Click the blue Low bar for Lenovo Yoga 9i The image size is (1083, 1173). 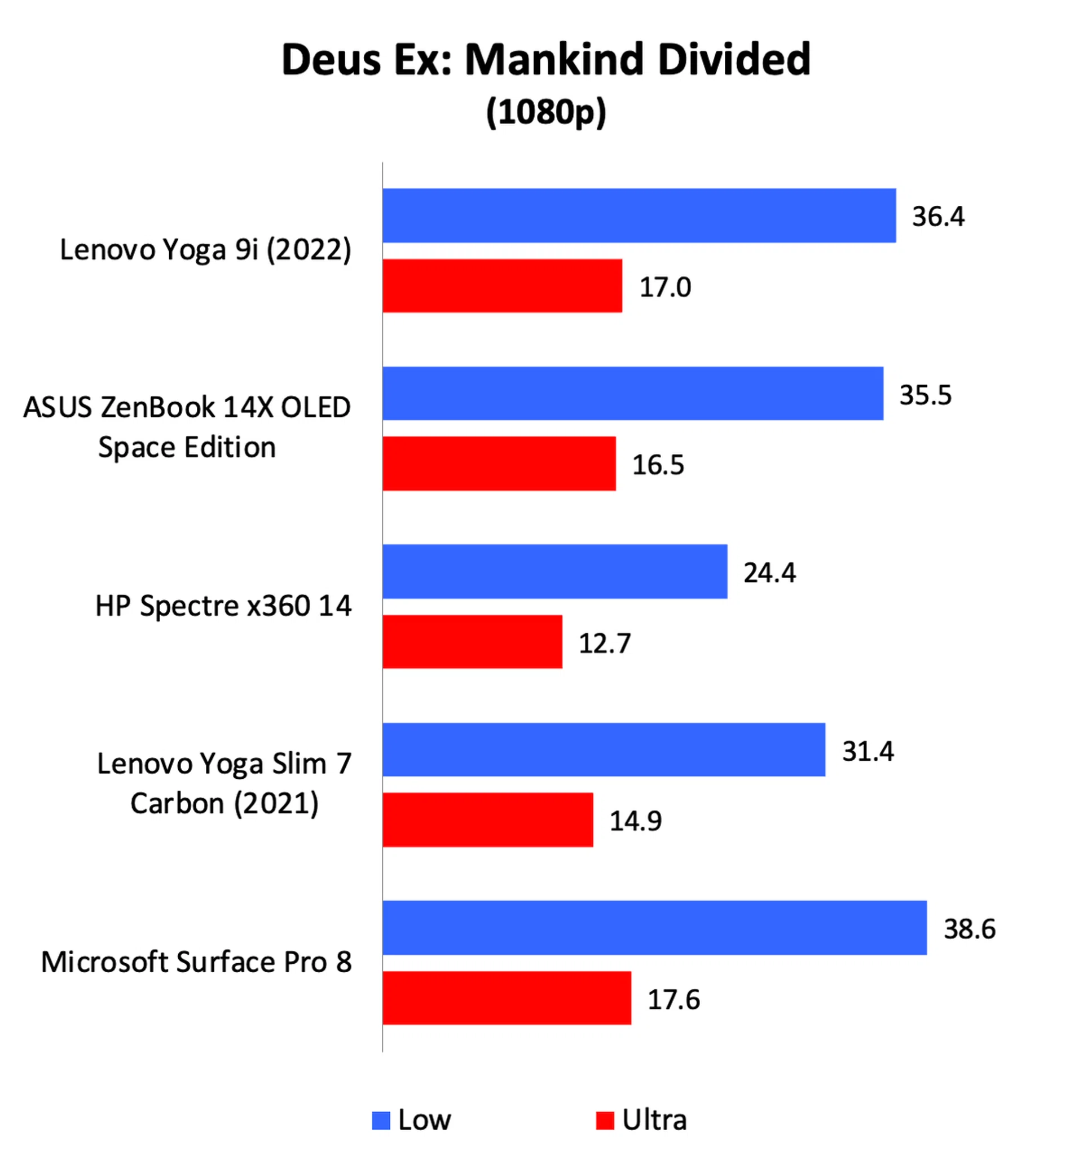pos(639,215)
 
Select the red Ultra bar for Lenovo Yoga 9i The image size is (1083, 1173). pos(502,286)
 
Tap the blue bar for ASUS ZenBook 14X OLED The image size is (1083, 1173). pos(632,393)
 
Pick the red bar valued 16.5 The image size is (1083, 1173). pos(499,464)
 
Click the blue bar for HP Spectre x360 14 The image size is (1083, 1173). pos(554,571)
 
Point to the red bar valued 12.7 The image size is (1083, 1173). pos(472,642)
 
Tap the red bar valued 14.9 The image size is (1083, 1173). pos(487,820)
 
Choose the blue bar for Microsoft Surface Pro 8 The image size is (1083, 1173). pos(655,928)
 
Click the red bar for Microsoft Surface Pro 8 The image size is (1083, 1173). pos(507,998)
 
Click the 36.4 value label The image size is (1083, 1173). pos(937,216)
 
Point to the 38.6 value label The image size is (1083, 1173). pos(969,929)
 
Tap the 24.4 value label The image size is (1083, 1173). pos(769,572)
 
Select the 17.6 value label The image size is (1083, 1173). pos(673,999)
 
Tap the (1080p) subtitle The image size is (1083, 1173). pos(546,111)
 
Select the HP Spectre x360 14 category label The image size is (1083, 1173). pos(223,605)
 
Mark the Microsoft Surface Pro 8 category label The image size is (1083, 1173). pos(196,962)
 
